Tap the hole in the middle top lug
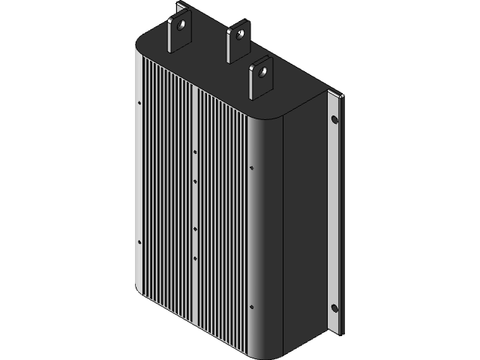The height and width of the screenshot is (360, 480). click(x=238, y=34)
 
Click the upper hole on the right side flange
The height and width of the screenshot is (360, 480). click(x=334, y=119)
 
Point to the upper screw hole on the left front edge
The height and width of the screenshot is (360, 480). click(x=140, y=103)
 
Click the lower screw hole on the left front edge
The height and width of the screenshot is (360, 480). click(x=140, y=241)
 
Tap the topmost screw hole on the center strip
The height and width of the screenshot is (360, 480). click(x=195, y=151)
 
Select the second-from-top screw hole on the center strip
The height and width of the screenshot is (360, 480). click(x=195, y=181)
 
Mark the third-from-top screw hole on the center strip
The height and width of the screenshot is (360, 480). click(x=195, y=228)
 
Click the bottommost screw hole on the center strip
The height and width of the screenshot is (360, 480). click(x=195, y=258)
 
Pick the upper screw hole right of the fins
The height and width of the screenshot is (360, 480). click(x=250, y=168)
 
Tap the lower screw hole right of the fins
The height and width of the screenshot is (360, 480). click(x=250, y=307)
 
